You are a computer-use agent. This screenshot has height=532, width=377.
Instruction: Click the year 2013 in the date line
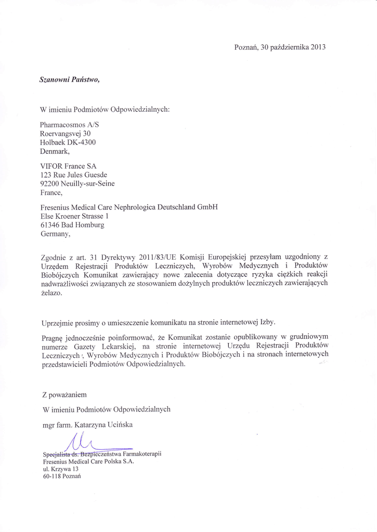click(318, 47)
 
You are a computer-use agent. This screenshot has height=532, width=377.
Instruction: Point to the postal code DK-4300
click(81, 142)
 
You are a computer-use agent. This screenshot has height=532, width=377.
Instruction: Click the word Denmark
click(55, 151)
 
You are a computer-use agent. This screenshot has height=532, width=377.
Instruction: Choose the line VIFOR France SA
click(68, 166)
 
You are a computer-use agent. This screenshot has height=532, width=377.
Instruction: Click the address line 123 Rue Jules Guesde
click(74, 175)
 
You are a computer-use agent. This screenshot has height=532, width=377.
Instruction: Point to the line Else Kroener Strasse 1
click(74, 216)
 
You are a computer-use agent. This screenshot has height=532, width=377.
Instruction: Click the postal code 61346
click(50, 224)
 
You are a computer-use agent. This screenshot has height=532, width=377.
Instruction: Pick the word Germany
click(55, 234)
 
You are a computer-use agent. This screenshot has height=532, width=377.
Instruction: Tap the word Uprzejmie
click(57, 323)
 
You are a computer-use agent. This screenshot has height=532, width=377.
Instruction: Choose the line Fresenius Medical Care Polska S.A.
click(88, 461)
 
